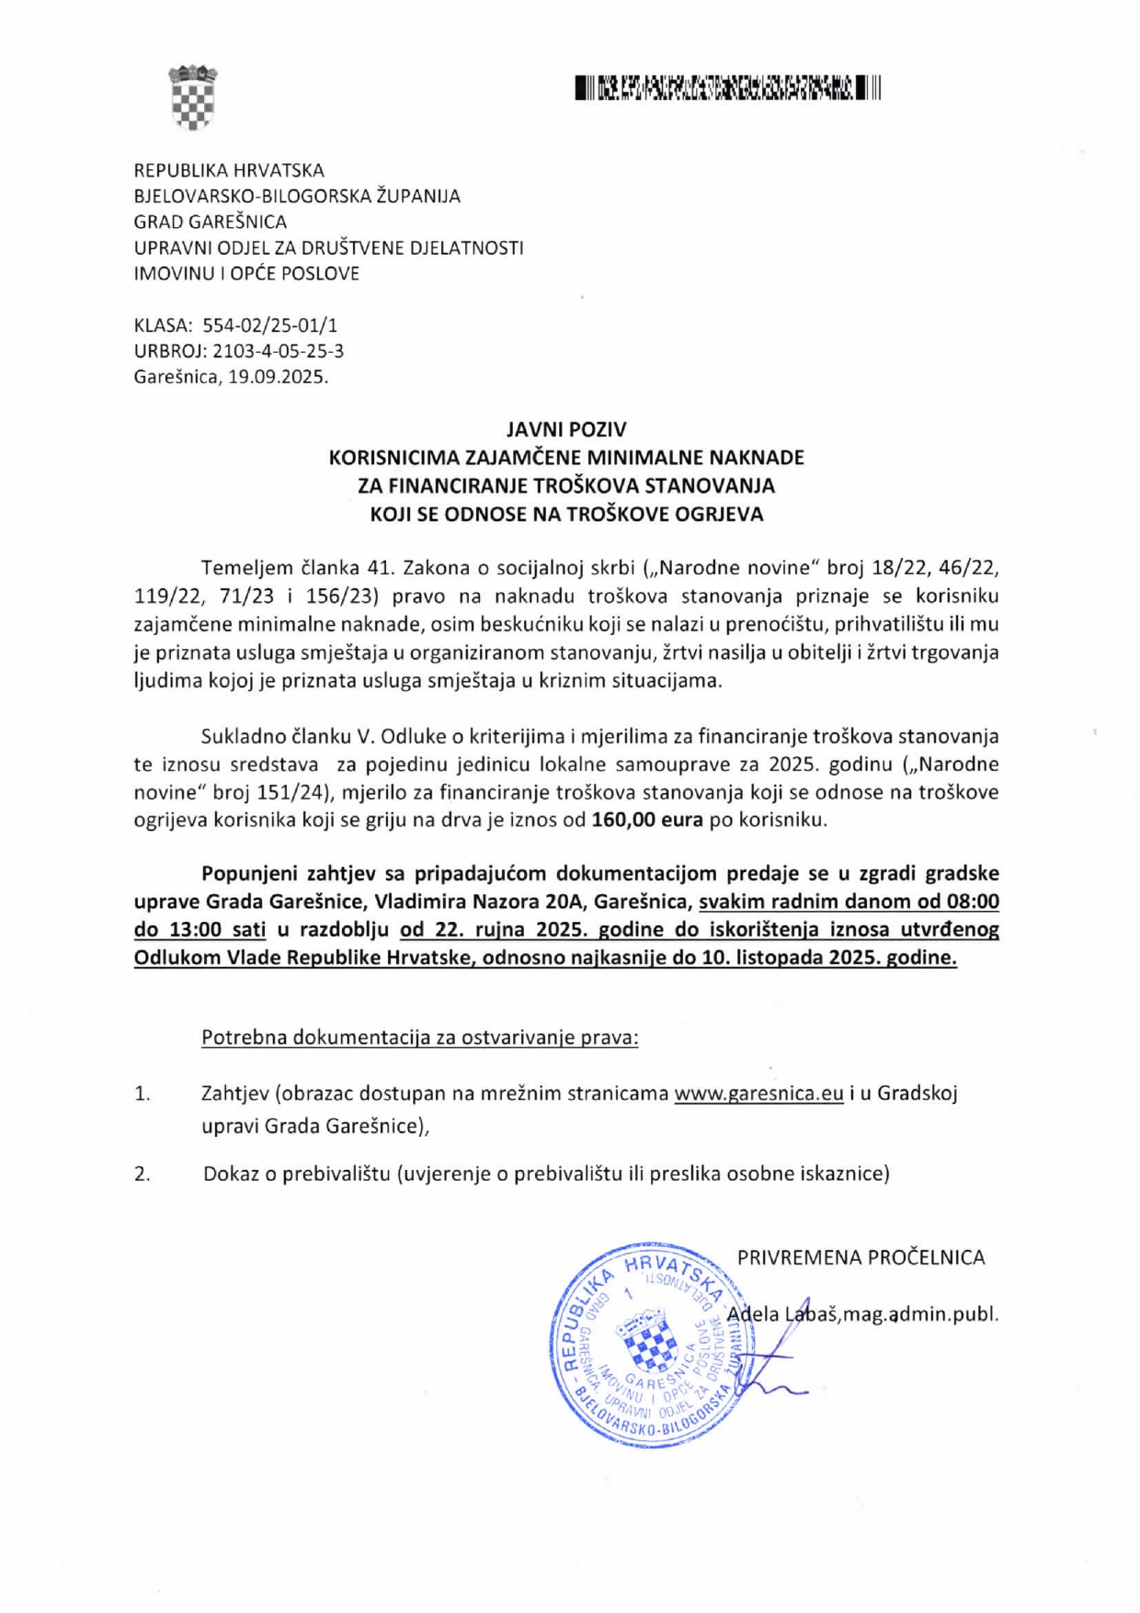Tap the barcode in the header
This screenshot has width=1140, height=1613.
[x=727, y=88]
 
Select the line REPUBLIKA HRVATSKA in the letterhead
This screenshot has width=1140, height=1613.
[x=229, y=170]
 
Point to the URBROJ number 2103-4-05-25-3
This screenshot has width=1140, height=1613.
[x=279, y=350]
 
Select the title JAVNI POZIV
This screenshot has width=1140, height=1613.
[x=566, y=429]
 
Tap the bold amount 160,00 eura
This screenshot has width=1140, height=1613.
[x=647, y=820]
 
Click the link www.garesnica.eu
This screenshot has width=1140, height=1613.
[x=758, y=1093]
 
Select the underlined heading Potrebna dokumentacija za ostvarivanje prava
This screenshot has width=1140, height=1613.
[x=419, y=1037]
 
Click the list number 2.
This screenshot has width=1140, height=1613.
[x=142, y=1174]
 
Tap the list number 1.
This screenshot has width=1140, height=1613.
[x=142, y=1094]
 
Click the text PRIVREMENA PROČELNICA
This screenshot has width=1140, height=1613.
[x=861, y=1256]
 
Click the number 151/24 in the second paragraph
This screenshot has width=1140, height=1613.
[x=287, y=792]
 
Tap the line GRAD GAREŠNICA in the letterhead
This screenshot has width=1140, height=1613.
[x=211, y=222]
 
